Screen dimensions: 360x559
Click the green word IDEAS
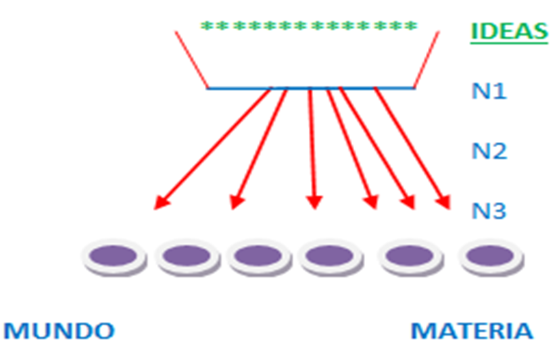[x=508, y=31]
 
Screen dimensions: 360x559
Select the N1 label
[x=489, y=91]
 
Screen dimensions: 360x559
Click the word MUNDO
[x=59, y=331]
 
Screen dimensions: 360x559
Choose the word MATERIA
[x=472, y=331]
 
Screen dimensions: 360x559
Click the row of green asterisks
[x=309, y=27]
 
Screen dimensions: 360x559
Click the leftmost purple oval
[x=114, y=257]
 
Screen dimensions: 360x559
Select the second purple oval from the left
[x=187, y=257]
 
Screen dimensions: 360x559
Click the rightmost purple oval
[x=491, y=257]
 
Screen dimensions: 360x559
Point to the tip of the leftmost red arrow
[x=156, y=207]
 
